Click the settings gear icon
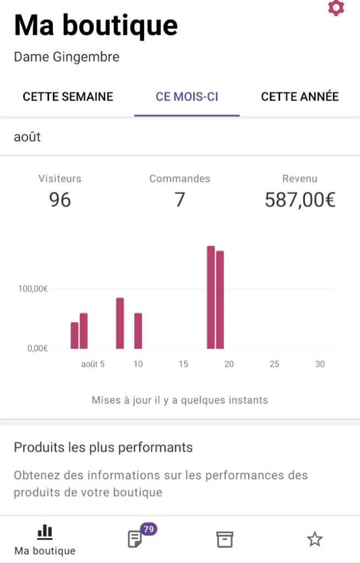tap(336, 8)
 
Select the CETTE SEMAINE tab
tap(68, 97)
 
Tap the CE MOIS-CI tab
tap(187, 97)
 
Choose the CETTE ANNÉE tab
tap(299, 97)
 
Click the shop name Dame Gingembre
tap(67, 57)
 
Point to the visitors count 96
tap(59, 199)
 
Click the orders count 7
tap(179, 199)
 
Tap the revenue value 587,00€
tap(300, 199)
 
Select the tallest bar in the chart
tap(210, 297)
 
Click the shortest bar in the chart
tap(74, 335)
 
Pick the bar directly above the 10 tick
tap(138, 331)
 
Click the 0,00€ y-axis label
tap(37, 348)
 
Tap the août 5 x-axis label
tap(92, 364)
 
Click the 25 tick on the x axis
tap(274, 364)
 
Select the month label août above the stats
tap(28, 137)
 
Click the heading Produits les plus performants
tap(103, 447)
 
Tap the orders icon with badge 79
tap(135, 538)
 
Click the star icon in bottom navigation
tap(314, 539)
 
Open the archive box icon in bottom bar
tap(224, 539)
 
